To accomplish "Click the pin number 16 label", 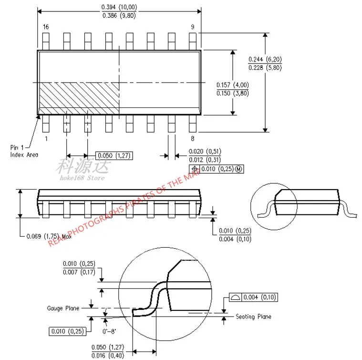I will pyautogui.click(x=46, y=27).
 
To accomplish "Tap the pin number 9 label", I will pyautogui.click(x=193, y=27).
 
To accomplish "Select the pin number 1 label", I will pyautogui.click(x=46, y=138).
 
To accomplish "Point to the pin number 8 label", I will pyautogui.click(x=193, y=138).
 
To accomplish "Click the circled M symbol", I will pyautogui.click(x=238, y=169).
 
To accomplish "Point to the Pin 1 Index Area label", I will pyautogui.click(x=24, y=151).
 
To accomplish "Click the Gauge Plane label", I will pyautogui.click(x=63, y=308).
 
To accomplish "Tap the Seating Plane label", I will pyautogui.click(x=253, y=317).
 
